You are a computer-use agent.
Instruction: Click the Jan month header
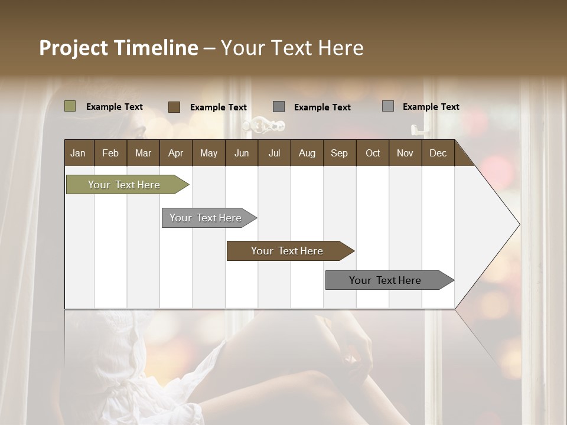pos(79,153)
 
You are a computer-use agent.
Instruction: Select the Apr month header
pos(176,153)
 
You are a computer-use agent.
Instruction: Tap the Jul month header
pos(274,153)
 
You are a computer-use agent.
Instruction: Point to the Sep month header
pos(339,153)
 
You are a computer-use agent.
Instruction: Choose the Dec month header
pos(438,153)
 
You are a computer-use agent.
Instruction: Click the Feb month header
pos(110,153)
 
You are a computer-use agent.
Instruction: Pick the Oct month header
pos(372,153)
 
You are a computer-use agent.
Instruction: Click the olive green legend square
pos(70,106)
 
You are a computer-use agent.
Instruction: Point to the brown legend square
pos(174,107)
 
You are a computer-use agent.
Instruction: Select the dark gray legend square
pos(279,107)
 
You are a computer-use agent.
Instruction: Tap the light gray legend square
pos(387,106)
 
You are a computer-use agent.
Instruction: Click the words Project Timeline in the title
pos(118,48)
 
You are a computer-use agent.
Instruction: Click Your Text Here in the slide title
pos(292,48)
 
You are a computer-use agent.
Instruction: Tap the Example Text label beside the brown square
pos(218,107)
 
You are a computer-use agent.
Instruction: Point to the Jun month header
pos(241,153)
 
